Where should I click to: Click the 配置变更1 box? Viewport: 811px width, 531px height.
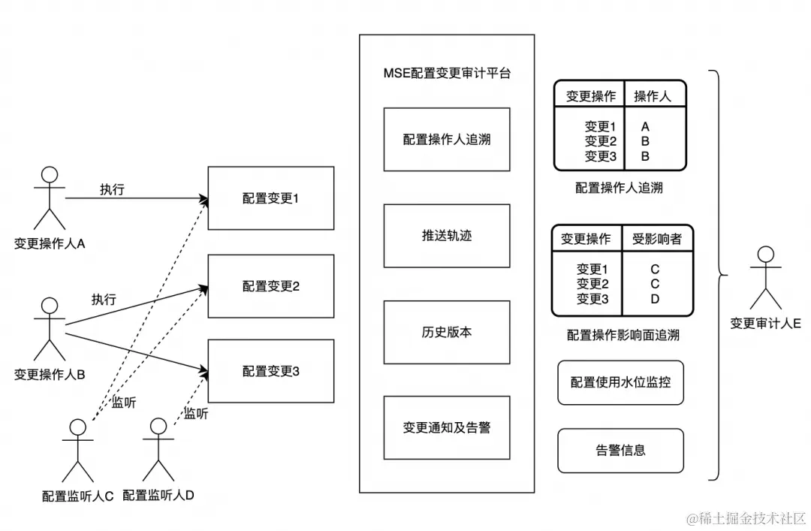270,198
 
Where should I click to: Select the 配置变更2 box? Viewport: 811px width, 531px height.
270,286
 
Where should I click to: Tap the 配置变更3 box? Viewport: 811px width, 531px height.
270,371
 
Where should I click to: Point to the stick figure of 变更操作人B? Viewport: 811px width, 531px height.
49,328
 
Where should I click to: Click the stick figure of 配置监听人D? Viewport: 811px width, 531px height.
158,449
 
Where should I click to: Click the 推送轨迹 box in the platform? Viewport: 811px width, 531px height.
447,236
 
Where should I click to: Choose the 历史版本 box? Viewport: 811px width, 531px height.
447,332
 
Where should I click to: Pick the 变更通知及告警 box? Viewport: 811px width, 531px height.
447,427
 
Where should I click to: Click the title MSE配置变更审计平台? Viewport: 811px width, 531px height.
447,74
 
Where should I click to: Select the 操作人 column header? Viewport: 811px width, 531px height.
652,96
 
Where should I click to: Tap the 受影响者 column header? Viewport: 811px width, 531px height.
656,239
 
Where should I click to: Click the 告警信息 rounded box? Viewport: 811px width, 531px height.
620,451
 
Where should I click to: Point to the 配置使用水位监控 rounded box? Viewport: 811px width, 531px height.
620,382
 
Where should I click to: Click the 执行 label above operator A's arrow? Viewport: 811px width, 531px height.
112,190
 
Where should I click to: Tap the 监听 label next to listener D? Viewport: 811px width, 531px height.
196,413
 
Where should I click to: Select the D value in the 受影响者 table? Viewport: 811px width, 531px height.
655,299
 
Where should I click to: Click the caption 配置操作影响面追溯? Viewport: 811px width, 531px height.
623,335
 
